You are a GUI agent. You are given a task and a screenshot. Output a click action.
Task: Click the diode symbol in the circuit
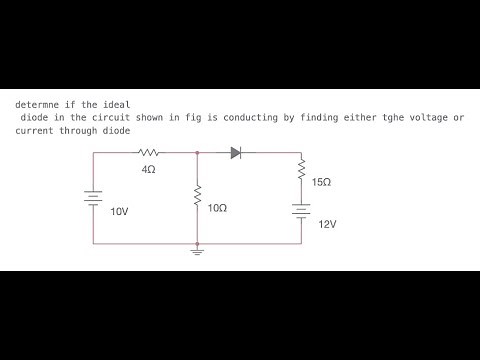tap(236, 153)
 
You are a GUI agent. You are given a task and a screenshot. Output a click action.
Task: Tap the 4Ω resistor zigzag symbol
tap(149, 153)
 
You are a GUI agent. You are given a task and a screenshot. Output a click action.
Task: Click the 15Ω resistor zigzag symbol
tap(301, 171)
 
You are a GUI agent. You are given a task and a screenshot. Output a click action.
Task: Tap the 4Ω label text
tap(149, 170)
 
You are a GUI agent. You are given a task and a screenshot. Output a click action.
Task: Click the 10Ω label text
tap(217, 208)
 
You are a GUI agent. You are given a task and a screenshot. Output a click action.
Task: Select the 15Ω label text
tap(322, 183)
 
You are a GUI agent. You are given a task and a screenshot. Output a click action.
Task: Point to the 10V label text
tap(119, 212)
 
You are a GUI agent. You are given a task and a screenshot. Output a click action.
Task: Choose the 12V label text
tap(327, 225)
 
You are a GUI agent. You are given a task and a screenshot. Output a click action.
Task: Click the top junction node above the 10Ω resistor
tap(198, 153)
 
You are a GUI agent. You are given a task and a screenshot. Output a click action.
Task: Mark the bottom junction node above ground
tap(198, 243)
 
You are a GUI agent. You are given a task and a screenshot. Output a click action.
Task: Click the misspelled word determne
tap(37, 104)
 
